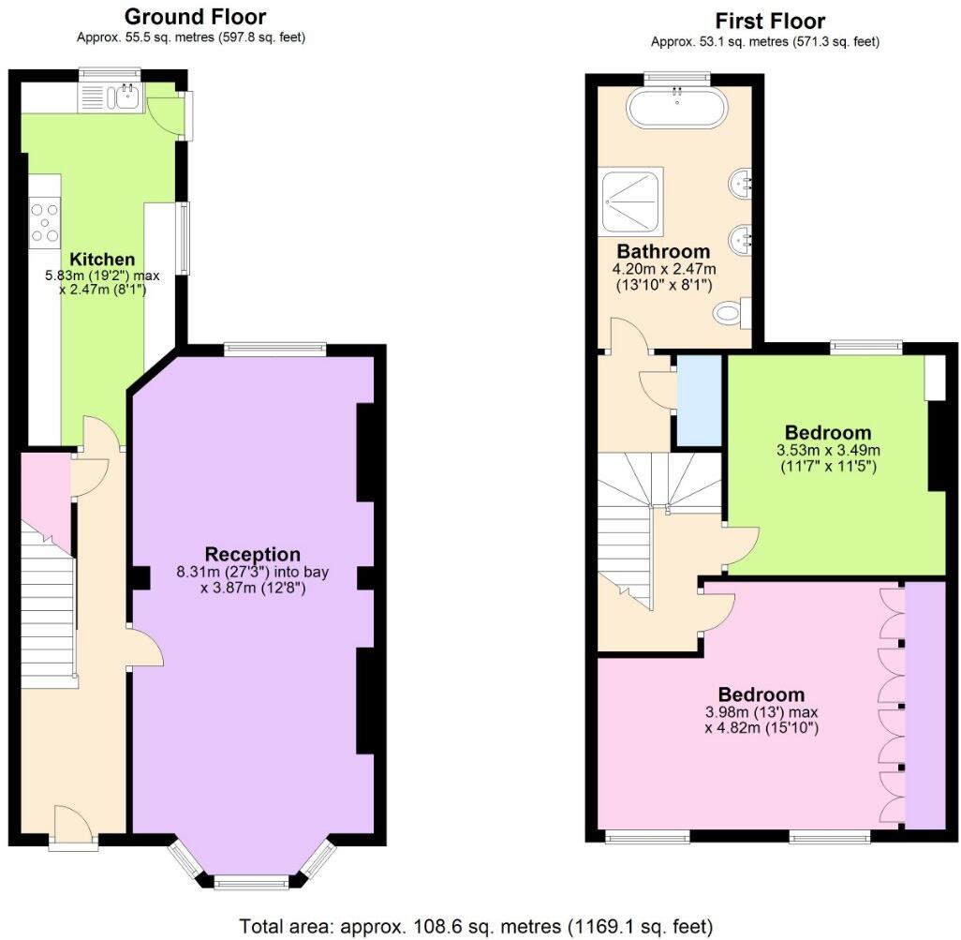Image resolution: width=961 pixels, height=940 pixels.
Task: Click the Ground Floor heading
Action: (x=194, y=17)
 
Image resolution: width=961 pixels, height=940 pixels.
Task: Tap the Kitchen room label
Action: (x=102, y=259)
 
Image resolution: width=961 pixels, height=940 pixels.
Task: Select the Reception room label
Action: (x=253, y=554)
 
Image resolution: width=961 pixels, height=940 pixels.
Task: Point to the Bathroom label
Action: (x=663, y=251)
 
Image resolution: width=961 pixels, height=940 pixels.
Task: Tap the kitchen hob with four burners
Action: (x=45, y=222)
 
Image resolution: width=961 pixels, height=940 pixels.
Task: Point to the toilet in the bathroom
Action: (x=731, y=313)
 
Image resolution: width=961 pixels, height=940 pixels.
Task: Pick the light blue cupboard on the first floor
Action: (x=698, y=400)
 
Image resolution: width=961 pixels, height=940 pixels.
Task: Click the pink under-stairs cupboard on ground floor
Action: (x=43, y=484)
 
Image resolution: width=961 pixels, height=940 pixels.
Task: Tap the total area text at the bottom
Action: (x=476, y=926)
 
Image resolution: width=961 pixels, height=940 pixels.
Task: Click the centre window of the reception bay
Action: (x=251, y=881)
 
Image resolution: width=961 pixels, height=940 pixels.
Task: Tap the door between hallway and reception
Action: (x=140, y=647)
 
